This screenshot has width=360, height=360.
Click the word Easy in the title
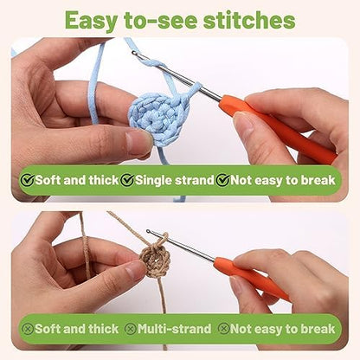pos(91,21)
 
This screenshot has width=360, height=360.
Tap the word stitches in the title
pos(249,20)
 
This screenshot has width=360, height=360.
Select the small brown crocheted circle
pos(155,262)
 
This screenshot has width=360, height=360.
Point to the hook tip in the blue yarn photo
pos(133,53)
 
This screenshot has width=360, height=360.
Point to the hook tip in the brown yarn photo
pos(148,231)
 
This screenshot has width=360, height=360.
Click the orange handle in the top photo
pos(277,127)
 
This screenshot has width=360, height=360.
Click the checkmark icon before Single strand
pos(127,180)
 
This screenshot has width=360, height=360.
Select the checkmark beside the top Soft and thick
pos(27,180)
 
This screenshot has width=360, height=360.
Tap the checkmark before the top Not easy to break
pos(222,180)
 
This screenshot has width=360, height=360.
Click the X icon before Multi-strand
pos(131,329)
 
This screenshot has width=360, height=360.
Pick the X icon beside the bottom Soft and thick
pos(28,329)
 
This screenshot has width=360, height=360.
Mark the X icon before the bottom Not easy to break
pos(223,329)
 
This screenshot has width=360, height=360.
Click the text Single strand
pos(174,180)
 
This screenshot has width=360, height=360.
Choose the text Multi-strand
pos(174,329)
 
